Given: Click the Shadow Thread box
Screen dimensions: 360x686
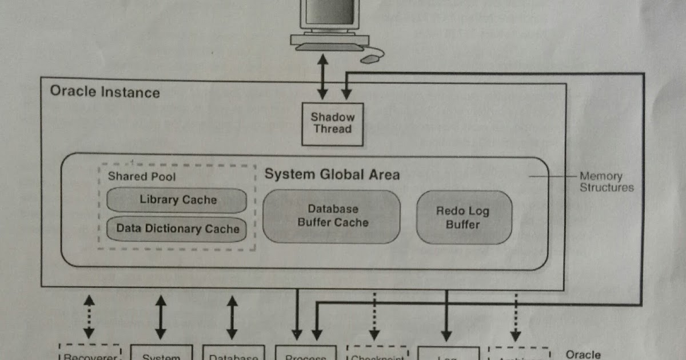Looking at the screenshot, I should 332,123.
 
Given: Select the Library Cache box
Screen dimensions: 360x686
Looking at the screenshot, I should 177,200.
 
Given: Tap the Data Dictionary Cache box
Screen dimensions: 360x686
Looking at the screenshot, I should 177,229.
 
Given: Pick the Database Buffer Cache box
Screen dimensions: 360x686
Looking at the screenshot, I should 332,216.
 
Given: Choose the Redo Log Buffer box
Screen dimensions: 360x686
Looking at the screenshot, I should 463,218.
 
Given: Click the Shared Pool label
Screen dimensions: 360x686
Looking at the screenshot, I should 142,176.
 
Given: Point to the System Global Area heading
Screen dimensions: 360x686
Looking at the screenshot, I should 332,174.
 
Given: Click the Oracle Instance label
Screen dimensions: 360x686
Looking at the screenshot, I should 105,91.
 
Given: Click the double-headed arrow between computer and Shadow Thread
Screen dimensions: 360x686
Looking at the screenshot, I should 323,76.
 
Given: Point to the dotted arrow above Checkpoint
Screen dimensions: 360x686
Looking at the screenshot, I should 374,316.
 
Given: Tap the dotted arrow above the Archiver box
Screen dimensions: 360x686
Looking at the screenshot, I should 516,316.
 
